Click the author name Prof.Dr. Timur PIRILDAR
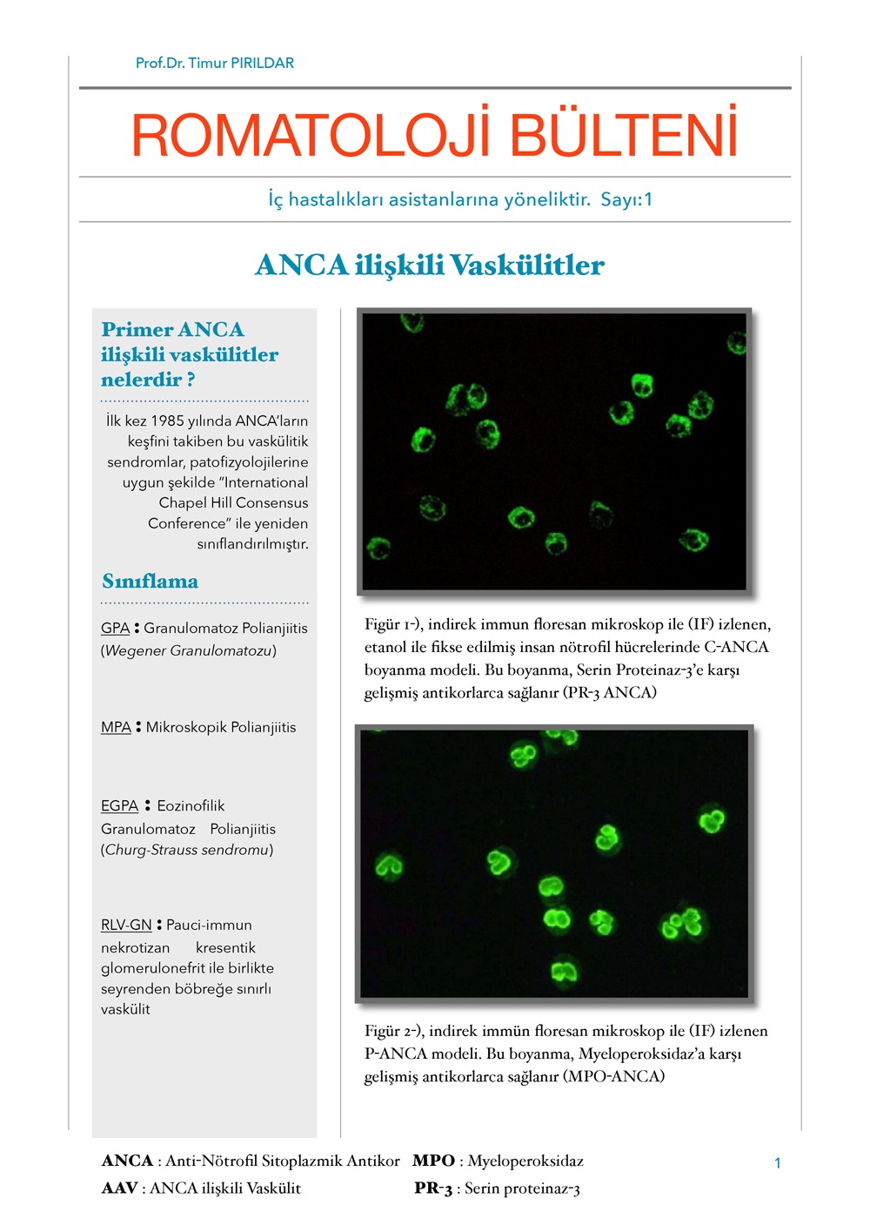[x=214, y=63]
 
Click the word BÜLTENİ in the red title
[x=623, y=136]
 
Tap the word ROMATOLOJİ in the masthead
[x=311, y=136]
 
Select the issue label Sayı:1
[x=626, y=199]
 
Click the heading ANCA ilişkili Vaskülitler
[x=430, y=265]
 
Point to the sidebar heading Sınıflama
[x=150, y=581]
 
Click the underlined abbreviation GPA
[x=115, y=628]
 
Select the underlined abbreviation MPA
[x=116, y=727]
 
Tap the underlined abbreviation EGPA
[x=119, y=805]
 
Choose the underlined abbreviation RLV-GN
[x=126, y=925]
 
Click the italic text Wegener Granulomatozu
[x=189, y=650]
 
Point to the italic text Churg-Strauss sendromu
[x=187, y=849]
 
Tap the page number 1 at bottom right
[x=777, y=1163]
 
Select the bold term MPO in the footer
[x=433, y=1161]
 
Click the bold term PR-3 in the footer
[x=432, y=1188]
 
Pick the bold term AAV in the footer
[x=119, y=1188]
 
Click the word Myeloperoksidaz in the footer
[x=525, y=1161]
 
